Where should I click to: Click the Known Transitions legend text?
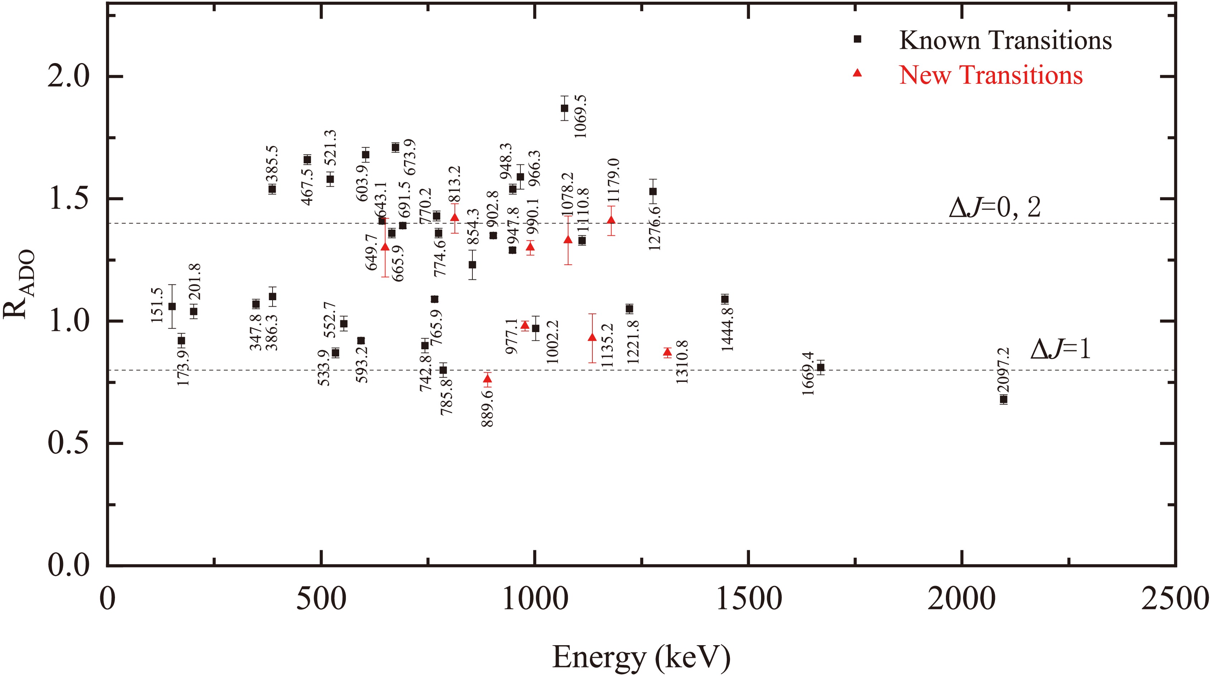[1005, 40]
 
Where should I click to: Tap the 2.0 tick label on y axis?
[68, 76]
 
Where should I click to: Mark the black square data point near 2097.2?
[1004, 399]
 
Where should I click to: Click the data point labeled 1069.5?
[564, 108]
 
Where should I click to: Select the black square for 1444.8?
[725, 299]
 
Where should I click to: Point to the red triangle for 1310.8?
[667, 352]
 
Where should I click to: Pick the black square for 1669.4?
[821, 368]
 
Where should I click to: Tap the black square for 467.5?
[307, 159]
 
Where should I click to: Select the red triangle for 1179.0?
[611, 220]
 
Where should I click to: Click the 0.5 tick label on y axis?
[68, 444]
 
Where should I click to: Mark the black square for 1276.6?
[653, 192]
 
